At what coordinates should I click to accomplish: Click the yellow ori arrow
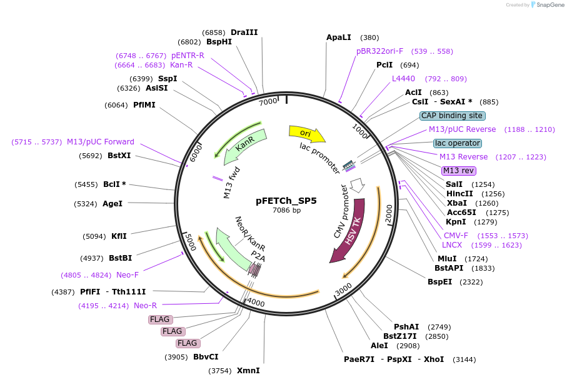[x=306, y=133]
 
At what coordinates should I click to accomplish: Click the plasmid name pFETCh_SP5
[x=286, y=201]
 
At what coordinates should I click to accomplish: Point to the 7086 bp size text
[x=286, y=211]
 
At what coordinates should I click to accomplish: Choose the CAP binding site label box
[x=452, y=116]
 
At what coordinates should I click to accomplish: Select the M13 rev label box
[x=458, y=171]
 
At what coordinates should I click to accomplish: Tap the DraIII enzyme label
[x=244, y=33]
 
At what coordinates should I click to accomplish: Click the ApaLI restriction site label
[x=339, y=38]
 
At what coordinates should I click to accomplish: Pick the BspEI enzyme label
[x=439, y=282]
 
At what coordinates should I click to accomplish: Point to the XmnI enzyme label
[x=248, y=371]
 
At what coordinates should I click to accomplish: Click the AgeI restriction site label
[x=113, y=204]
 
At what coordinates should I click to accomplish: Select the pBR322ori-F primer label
[x=379, y=51]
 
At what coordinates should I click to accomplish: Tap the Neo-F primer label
[x=128, y=275]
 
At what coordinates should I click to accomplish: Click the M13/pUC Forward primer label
[x=101, y=142]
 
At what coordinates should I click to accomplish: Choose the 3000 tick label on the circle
[x=343, y=292]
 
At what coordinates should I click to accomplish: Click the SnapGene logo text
[x=548, y=5]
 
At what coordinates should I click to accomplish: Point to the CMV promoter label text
[x=341, y=211]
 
